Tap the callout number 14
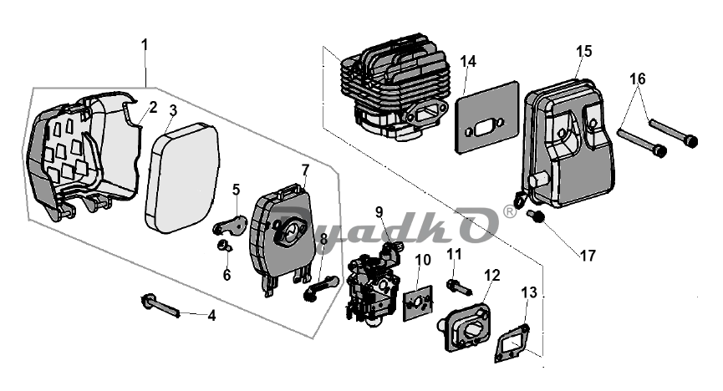pyautogui.click(x=468, y=62)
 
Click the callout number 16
pyautogui.click(x=638, y=79)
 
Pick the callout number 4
pyautogui.click(x=211, y=316)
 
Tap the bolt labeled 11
pyautogui.click(x=457, y=285)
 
